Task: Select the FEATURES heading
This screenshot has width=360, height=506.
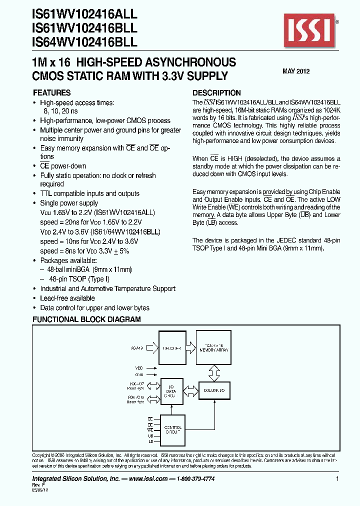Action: (51, 93)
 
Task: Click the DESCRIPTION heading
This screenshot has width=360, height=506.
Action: (216, 93)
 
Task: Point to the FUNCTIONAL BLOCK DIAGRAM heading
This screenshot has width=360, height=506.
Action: (86, 319)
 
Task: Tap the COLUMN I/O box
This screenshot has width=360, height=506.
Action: (214, 389)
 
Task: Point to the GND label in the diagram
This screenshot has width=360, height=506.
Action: (138, 374)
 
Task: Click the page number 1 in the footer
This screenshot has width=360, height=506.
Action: (338, 479)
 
